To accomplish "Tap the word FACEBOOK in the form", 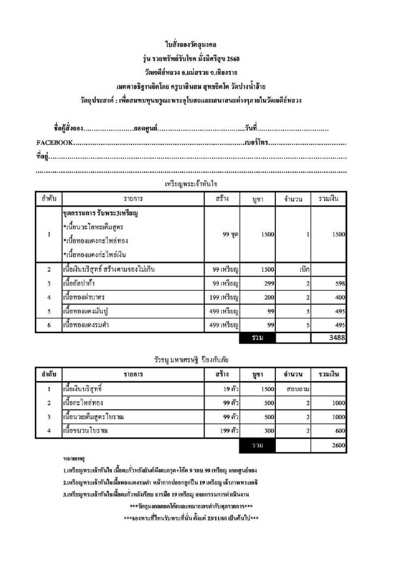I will [x=54, y=143].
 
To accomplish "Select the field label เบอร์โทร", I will [x=256, y=143].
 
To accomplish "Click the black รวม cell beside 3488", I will [x=256, y=338].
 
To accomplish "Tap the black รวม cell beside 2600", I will [x=256, y=446].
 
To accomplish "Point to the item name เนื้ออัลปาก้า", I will [x=79, y=283].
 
